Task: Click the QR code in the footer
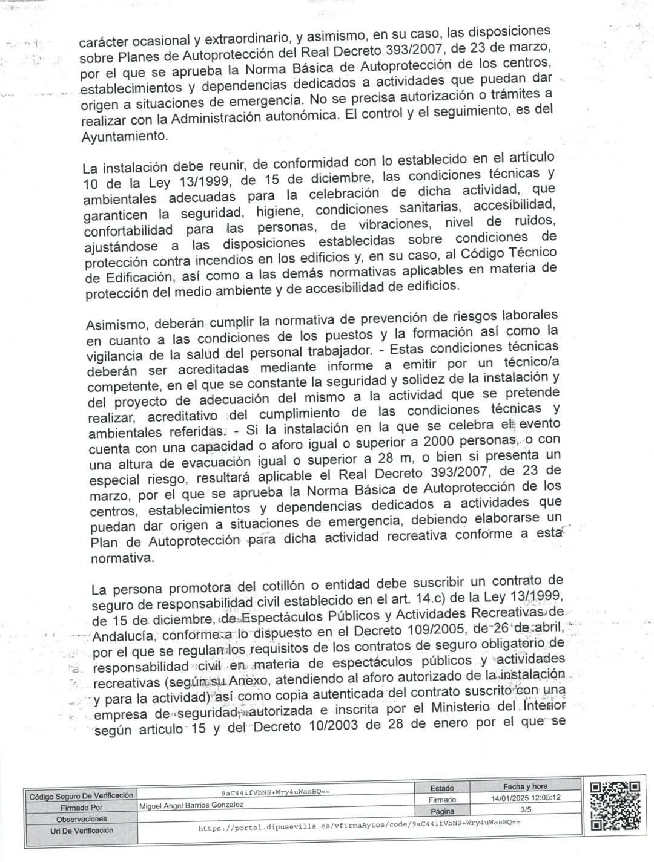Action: click(614, 805)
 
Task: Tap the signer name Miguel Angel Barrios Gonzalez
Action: click(191, 805)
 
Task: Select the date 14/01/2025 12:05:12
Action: click(525, 798)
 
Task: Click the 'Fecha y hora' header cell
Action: click(525, 786)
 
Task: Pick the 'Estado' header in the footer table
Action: click(442, 788)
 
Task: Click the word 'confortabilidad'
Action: click(129, 230)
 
